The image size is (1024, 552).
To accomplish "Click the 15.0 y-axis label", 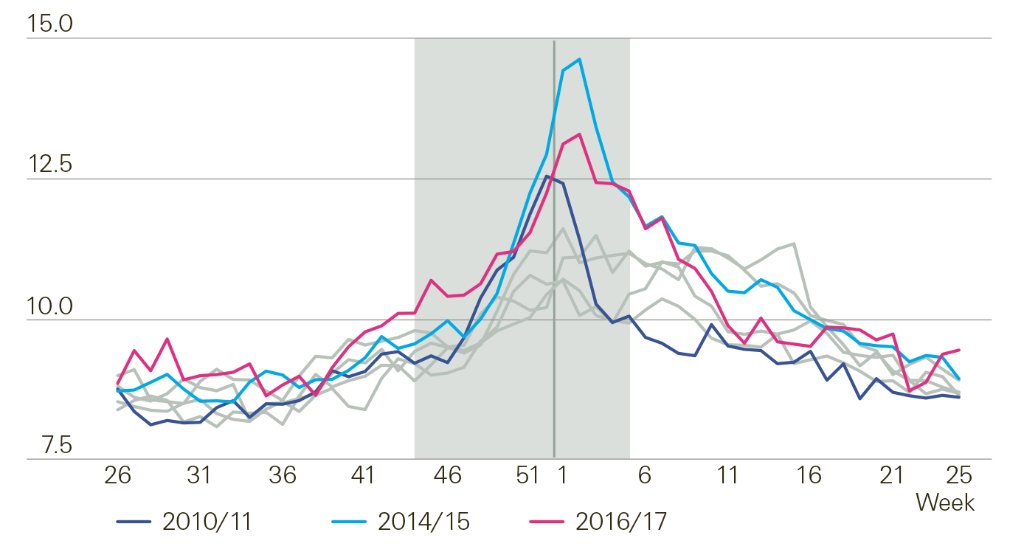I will click(50, 24).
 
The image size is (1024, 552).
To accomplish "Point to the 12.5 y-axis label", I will click(50, 165).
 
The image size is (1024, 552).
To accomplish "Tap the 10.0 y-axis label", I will click(50, 306).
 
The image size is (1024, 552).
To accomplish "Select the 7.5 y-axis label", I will click(50, 446).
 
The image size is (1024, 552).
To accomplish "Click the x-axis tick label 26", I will click(117, 475).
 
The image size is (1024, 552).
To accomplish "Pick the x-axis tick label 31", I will click(200, 475).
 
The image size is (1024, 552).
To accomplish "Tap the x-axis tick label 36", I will click(282, 475).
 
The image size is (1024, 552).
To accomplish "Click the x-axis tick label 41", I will click(364, 475).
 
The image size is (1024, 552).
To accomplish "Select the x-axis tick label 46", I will click(446, 475).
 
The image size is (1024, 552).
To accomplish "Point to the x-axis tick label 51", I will click(528, 475).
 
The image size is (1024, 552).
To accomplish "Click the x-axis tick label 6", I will click(644, 475).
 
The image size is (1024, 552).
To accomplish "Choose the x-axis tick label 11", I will click(727, 475).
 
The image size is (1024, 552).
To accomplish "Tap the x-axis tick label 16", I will click(809, 475).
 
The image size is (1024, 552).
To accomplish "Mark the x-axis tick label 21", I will click(891, 475).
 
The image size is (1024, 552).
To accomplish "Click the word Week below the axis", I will click(945, 503).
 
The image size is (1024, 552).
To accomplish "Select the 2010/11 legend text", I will click(207, 522).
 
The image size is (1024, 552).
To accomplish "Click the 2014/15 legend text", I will click(423, 522).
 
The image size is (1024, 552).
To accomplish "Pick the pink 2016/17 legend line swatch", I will click(547, 522).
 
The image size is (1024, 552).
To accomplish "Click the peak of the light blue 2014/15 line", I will click(580, 59).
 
